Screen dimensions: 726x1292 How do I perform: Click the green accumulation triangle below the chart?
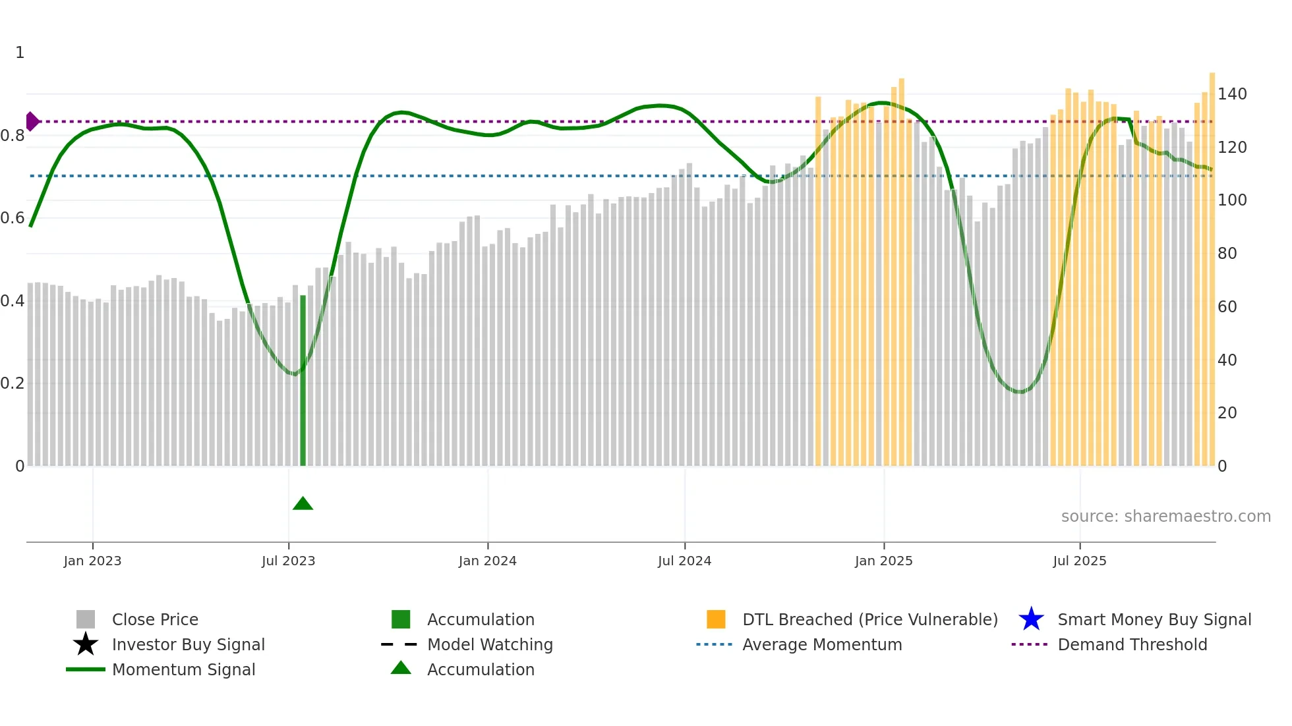pyautogui.click(x=303, y=504)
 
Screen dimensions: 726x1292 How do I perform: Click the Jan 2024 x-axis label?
pyautogui.click(x=487, y=561)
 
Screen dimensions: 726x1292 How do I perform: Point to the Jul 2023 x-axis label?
pyautogui.click(x=288, y=561)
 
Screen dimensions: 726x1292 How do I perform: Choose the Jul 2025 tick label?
pyautogui.click(x=1079, y=561)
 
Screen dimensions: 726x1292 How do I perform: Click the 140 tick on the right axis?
pyautogui.click(x=1231, y=94)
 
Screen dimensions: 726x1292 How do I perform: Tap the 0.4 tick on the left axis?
pyautogui.click(x=13, y=301)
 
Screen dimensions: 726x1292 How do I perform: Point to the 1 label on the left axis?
pyautogui.click(x=20, y=53)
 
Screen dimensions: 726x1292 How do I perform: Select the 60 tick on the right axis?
pyautogui.click(x=1227, y=307)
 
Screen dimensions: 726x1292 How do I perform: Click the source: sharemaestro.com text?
pyautogui.click(x=1165, y=517)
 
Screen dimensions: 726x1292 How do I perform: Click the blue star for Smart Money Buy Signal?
pyautogui.click(x=1031, y=619)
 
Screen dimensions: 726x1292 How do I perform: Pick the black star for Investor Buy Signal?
pyautogui.click(x=86, y=644)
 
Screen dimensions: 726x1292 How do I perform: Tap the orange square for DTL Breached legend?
pyautogui.click(x=716, y=619)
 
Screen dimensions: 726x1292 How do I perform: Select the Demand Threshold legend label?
pyautogui.click(x=1132, y=644)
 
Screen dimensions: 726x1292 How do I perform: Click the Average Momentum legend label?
pyautogui.click(x=821, y=644)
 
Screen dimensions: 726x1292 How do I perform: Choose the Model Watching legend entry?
pyautogui.click(x=489, y=644)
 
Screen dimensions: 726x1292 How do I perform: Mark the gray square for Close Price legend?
pyautogui.click(x=86, y=619)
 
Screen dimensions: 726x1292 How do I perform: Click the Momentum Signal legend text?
pyautogui.click(x=183, y=669)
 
